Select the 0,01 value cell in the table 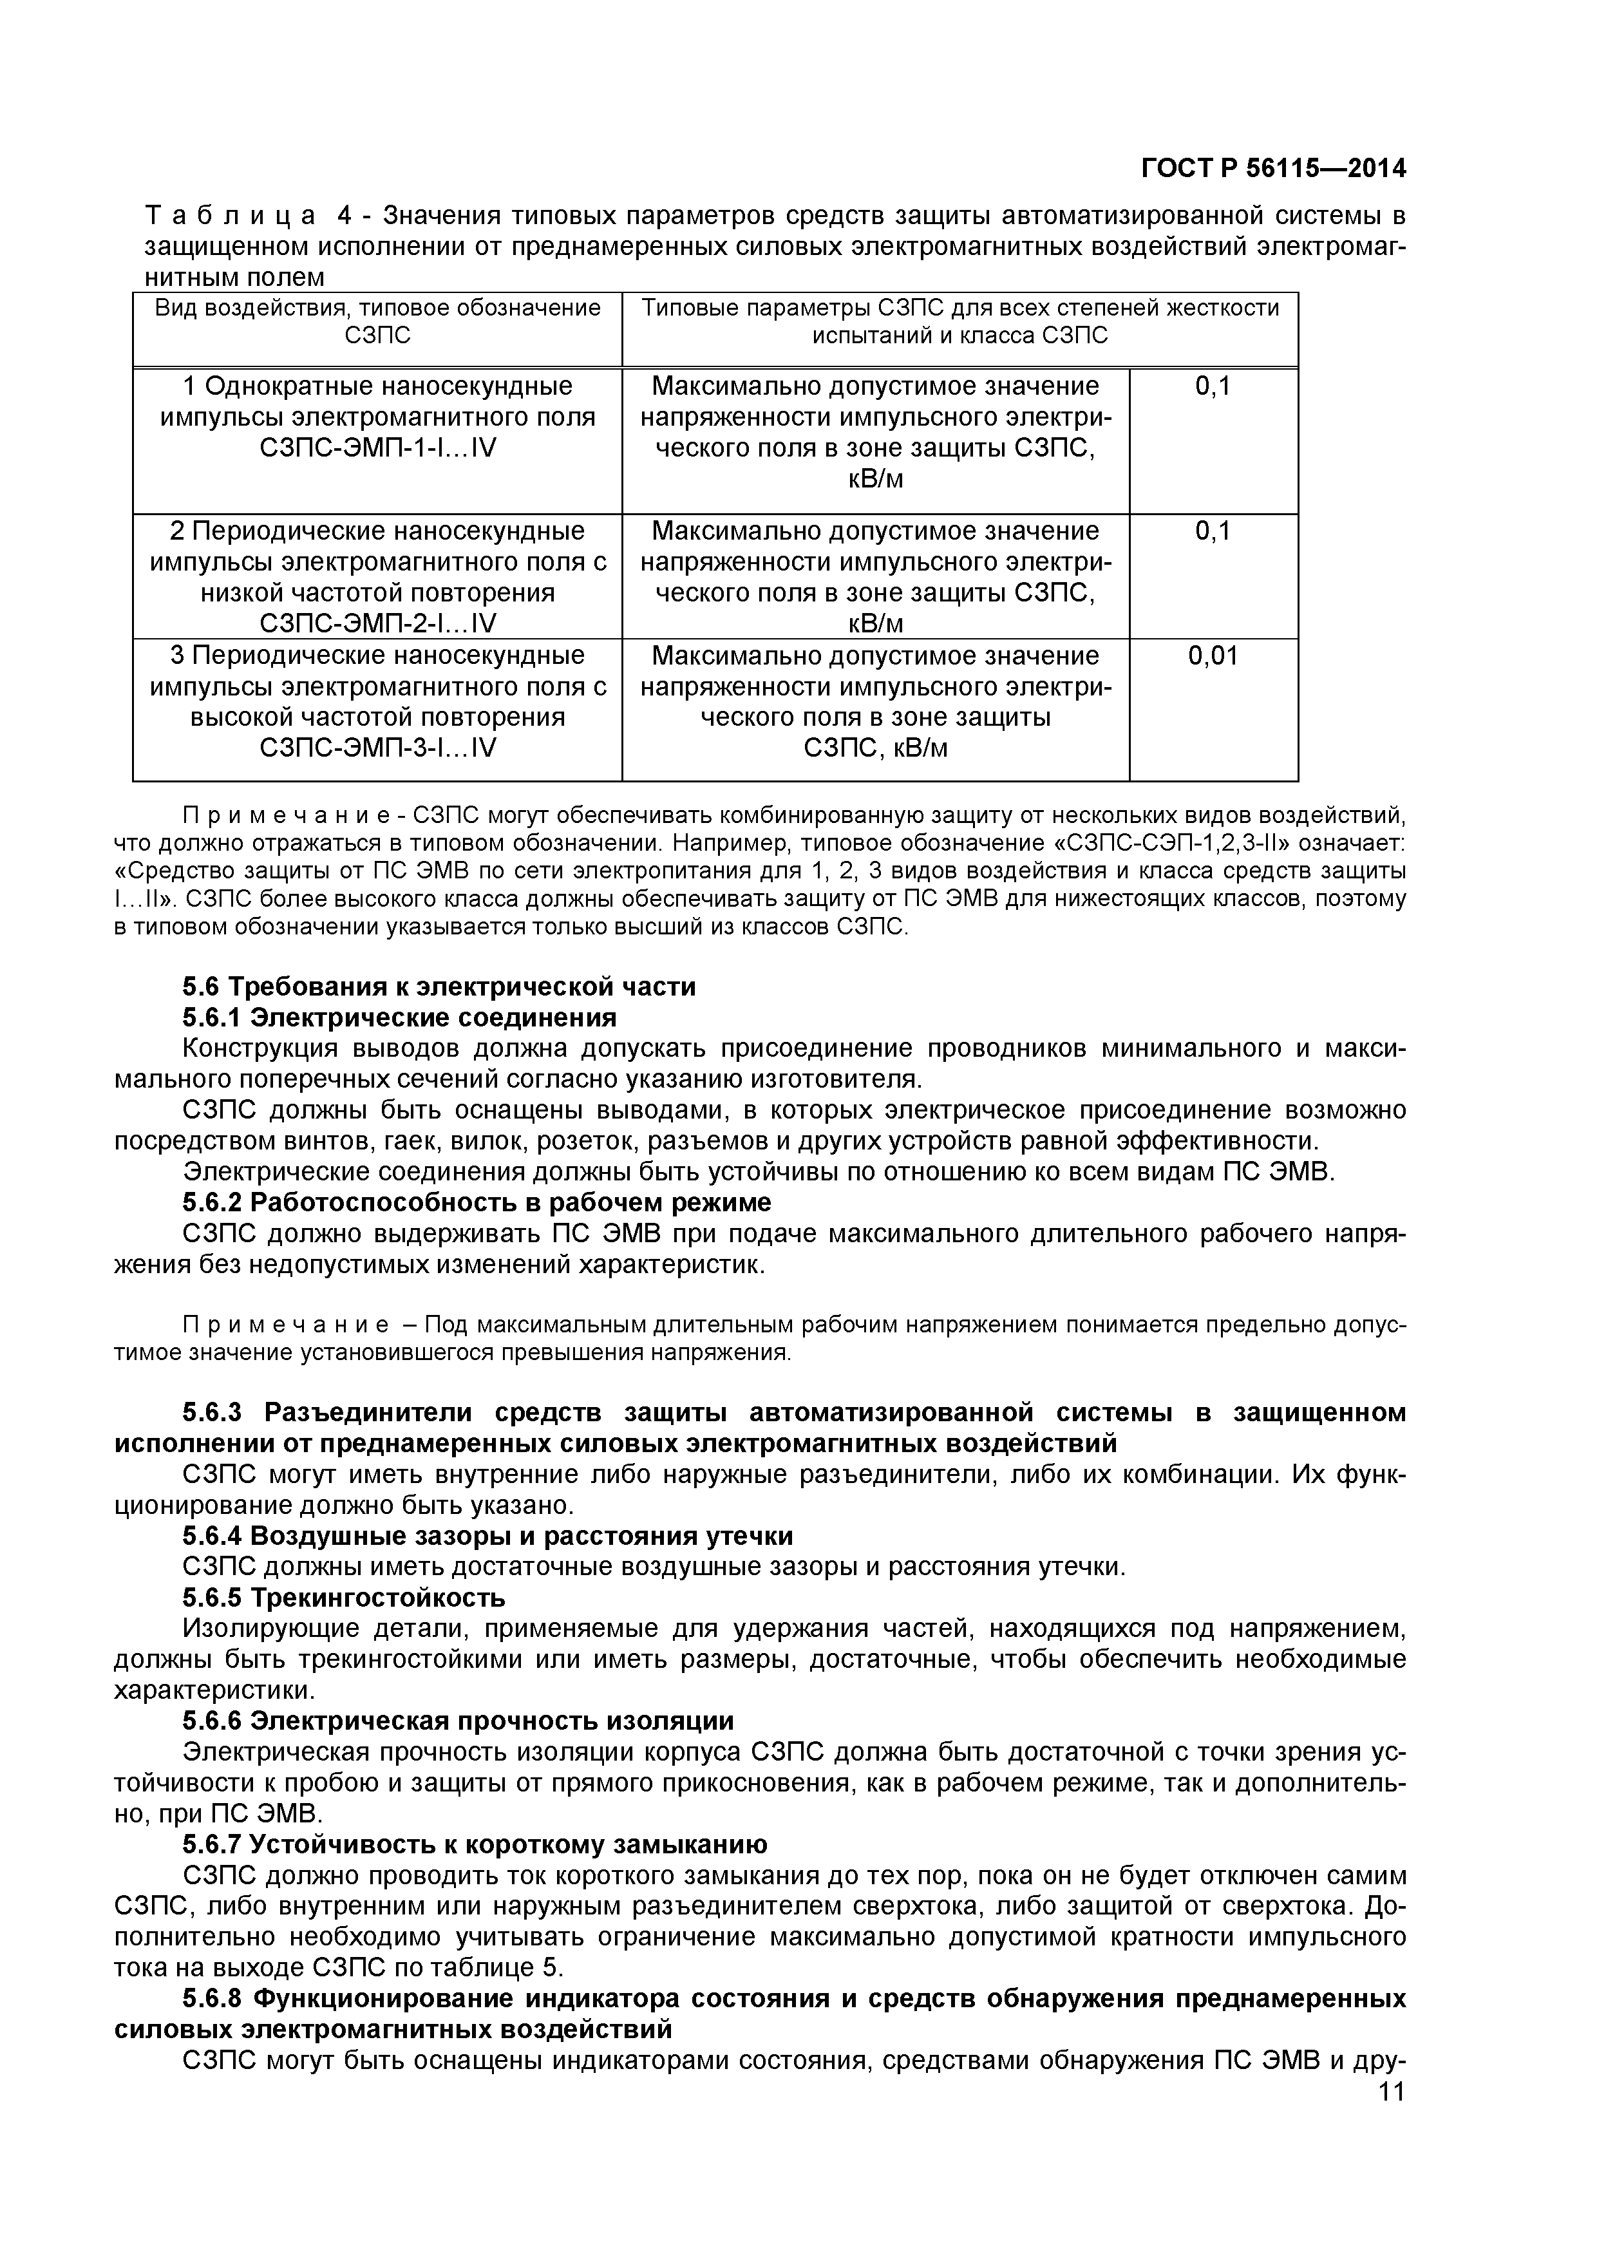click(x=1213, y=656)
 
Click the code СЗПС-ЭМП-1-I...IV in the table click(x=378, y=449)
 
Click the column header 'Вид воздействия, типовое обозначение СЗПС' click(x=378, y=322)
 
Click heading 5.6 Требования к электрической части click(x=439, y=987)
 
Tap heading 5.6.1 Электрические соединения click(x=399, y=1017)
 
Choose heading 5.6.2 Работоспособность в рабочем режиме click(x=477, y=1202)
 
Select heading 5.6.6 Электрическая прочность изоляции click(x=458, y=1721)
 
